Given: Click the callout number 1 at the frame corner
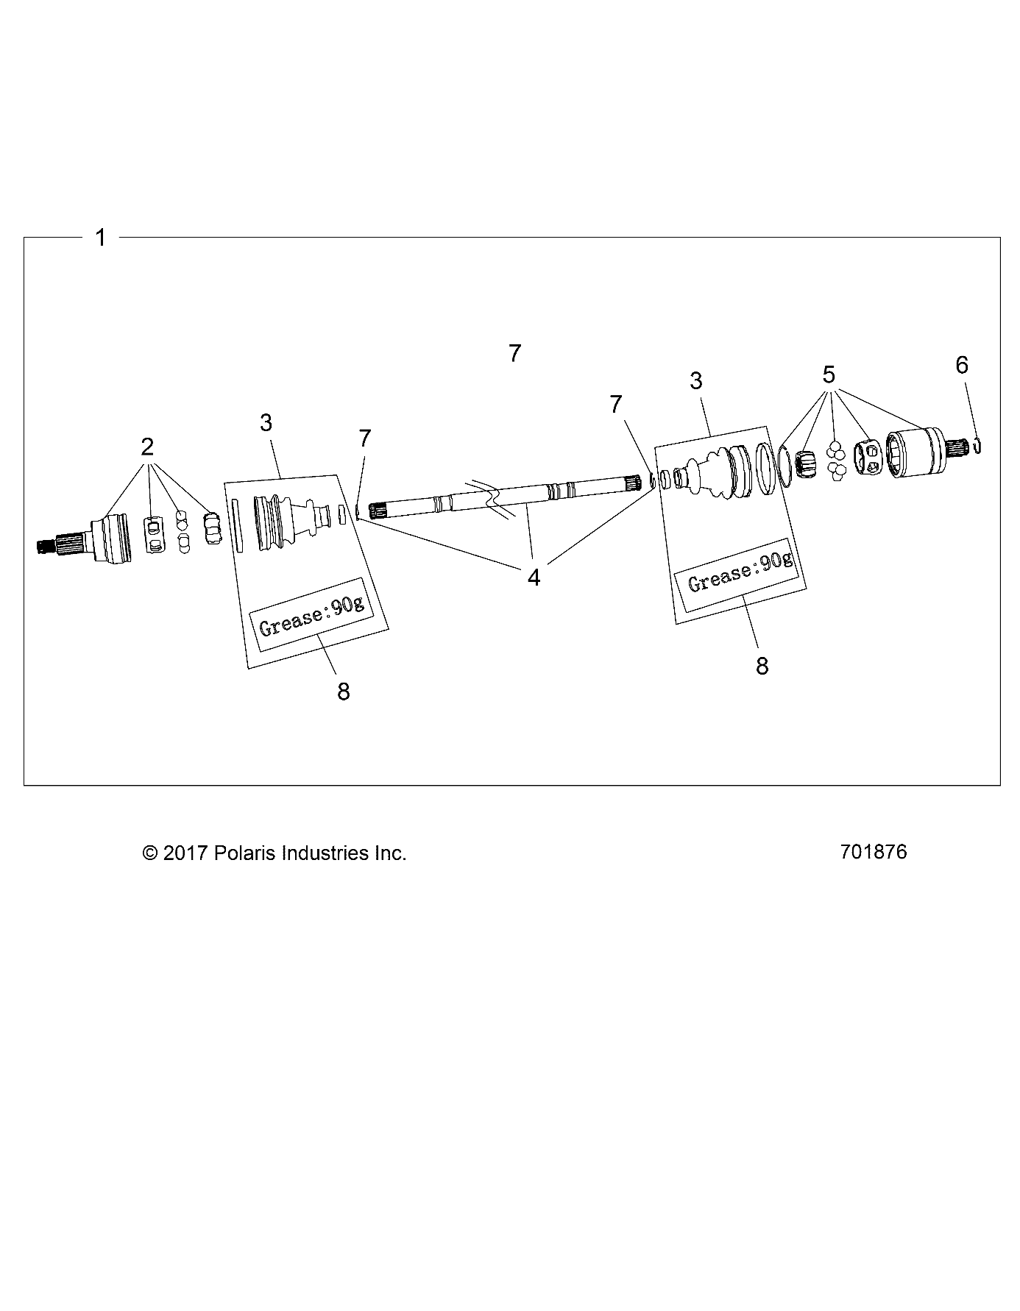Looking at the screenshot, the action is click(x=101, y=238).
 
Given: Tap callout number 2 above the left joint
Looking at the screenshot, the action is click(x=147, y=447).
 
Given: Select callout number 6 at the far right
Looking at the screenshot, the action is click(x=962, y=365).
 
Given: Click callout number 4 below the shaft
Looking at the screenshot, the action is click(x=534, y=578).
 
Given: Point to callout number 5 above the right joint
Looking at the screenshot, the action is click(x=829, y=374).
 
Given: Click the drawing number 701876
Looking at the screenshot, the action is click(x=874, y=852).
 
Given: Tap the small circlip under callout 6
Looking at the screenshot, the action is click(x=978, y=445).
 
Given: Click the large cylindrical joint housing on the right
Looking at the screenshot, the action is click(x=915, y=454).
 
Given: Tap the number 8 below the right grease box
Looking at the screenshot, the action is click(x=762, y=666).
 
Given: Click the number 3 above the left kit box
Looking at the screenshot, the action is click(x=266, y=422).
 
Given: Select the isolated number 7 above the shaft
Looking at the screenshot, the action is click(x=515, y=353).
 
